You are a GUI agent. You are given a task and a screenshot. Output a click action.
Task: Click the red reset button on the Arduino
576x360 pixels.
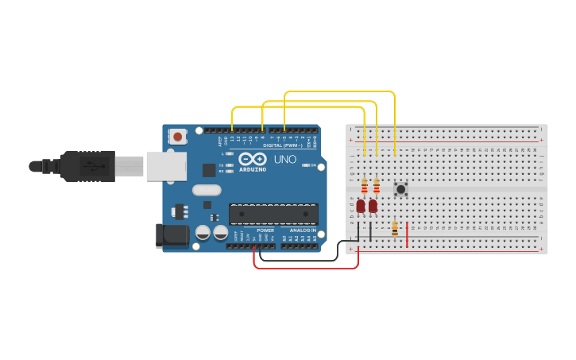(x=177, y=137)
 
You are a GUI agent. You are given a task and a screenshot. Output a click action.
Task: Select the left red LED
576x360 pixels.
(x=361, y=206)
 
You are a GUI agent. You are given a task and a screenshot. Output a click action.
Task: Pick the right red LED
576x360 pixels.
(x=373, y=206)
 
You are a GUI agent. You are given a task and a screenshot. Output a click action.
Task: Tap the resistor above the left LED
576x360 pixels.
(x=365, y=186)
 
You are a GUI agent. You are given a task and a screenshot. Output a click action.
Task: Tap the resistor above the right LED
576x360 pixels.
(x=377, y=186)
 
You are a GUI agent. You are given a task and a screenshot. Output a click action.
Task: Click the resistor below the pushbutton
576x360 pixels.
(x=395, y=229)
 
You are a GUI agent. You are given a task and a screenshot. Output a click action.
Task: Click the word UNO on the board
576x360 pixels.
(x=285, y=159)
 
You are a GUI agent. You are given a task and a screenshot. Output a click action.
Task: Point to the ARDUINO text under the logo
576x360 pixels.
(x=253, y=169)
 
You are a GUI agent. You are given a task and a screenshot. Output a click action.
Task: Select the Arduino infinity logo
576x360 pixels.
(x=253, y=158)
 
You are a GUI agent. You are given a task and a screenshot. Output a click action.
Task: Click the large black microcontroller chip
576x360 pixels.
(x=273, y=213)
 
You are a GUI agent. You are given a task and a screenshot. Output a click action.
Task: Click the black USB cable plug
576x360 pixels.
(x=87, y=166)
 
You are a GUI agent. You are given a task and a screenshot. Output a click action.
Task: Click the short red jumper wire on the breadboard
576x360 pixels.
(x=408, y=234)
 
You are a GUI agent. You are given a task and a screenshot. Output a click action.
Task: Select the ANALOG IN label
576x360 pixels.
(x=301, y=230)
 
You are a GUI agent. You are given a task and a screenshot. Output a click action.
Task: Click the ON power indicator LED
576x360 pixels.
(x=306, y=165)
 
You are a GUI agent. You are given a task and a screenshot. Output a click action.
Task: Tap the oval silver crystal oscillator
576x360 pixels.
(x=207, y=190)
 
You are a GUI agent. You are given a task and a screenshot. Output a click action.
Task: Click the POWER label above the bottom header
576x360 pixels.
(x=265, y=230)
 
